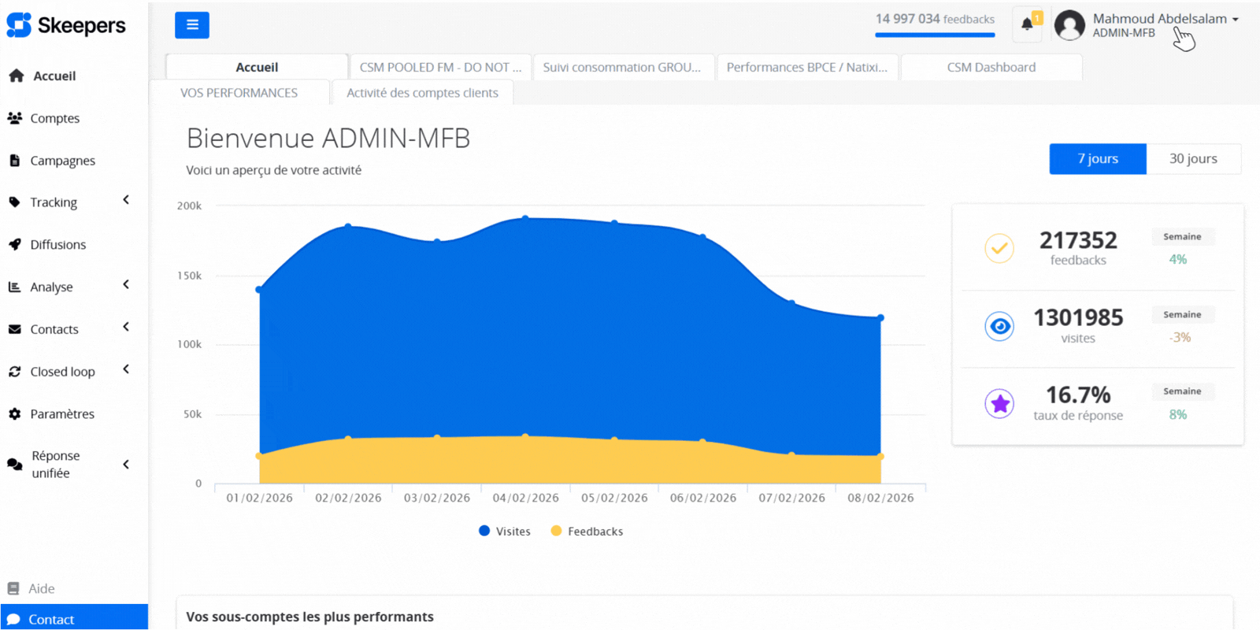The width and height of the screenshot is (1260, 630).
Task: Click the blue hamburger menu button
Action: pyautogui.click(x=191, y=25)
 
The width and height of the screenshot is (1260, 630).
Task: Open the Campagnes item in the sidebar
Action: pyautogui.click(x=62, y=161)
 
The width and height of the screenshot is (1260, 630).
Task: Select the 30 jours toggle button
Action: pyautogui.click(x=1193, y=159)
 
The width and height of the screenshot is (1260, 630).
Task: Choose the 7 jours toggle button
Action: pyautogui.click(x=1098, y=159)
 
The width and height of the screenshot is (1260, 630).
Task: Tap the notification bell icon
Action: pyautogui.click(x=1027, y=24)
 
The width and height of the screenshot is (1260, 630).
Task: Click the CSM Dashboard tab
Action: pyautogui.click(x=991, y=68)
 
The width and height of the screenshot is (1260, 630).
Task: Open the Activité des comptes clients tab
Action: pyautogui.click(x=422, y=93)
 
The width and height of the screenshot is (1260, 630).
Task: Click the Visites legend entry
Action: pyautogui.click(x=505, y=532)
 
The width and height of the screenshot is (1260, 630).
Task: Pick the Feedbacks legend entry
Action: pyautogui.click(x=587, y=532)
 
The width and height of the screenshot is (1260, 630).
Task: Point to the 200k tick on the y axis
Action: pyautogui.click(x=189, y=206)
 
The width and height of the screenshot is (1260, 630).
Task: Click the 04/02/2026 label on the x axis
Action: pyautogui.click(x=525, y=498)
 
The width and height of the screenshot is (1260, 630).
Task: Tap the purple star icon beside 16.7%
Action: pyautogui.click(x=999, y=404)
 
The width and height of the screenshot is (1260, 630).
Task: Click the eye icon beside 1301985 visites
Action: pyautogui.click(x=999, y=326)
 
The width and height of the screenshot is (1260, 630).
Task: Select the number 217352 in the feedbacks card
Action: pyautogui.click(x=1078, y=240)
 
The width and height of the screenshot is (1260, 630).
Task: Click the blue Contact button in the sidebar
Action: pyautogui.click(x=74, y=619)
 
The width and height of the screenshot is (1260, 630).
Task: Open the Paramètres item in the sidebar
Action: pyautogui.click(x=62, y=414)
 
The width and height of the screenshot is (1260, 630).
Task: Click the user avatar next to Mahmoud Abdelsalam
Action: pyautogui.click(x=1069, y=25)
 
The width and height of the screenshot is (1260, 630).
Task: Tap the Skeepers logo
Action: pyautogui.click(x=66, y=25)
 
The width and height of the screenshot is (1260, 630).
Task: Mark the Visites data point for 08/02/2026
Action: pyautogui.click(x=880, y=318)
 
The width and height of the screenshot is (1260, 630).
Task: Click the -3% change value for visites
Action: pyautogui.click(x=1180, y=338)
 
